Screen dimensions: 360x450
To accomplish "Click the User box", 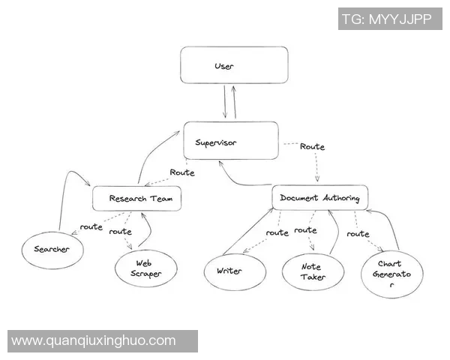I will coord(234,65).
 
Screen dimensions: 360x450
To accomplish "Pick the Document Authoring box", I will coord(319,198).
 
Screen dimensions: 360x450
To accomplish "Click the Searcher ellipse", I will coord(51,249).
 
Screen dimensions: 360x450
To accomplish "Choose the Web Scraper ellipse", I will coord(146,268).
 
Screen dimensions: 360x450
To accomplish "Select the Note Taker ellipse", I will coord(313,271).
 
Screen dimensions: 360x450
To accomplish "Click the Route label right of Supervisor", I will coord(312,147).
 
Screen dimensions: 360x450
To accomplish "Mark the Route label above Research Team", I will coord(182,172).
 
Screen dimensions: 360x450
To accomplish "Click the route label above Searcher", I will coord(91,226).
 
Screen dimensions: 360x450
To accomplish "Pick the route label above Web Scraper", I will coord(120,232).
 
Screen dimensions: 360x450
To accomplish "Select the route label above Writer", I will coord(277,232).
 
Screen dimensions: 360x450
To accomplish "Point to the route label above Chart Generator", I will coord(358,234).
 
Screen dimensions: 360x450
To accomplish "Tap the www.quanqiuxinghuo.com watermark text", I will coord(94,341).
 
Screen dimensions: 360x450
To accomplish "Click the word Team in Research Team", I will coord(160,199).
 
